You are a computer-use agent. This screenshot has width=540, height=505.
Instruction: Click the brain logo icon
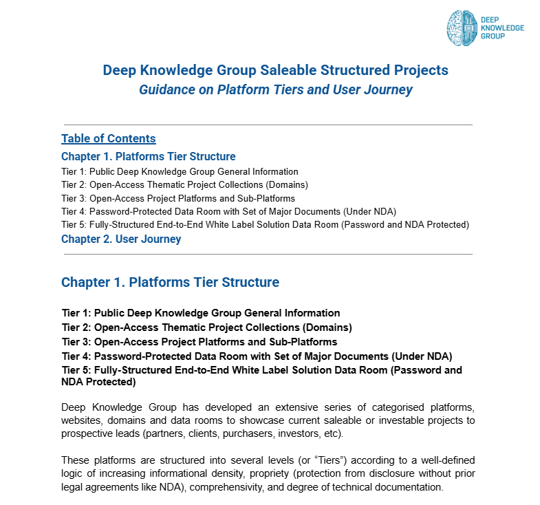point(462,28)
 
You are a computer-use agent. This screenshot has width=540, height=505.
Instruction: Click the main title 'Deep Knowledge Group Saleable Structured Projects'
point(275,70)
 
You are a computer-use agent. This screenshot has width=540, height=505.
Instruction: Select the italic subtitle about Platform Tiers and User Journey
point(275,90)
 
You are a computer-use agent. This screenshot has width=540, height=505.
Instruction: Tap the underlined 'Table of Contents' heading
point(108,138)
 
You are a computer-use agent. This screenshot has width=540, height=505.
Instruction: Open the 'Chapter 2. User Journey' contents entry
point(121,239)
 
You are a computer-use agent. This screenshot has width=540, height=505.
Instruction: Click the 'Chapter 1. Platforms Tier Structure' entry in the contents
point(148,156)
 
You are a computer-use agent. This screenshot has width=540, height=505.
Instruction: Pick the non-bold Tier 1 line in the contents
point(180,171)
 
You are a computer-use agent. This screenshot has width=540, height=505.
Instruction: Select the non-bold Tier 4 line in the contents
point(228,211)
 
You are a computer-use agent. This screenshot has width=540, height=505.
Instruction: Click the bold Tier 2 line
point(206,327)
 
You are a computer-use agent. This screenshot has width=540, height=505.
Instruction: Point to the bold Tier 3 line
point(199,342)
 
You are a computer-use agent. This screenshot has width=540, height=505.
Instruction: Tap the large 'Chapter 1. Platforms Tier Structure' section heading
point(170,282)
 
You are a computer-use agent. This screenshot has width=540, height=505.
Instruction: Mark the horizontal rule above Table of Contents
point(268,125)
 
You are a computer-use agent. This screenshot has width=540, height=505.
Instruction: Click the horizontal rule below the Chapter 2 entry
point(268,254)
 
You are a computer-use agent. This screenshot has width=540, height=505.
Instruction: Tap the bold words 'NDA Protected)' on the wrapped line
point(96,382)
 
